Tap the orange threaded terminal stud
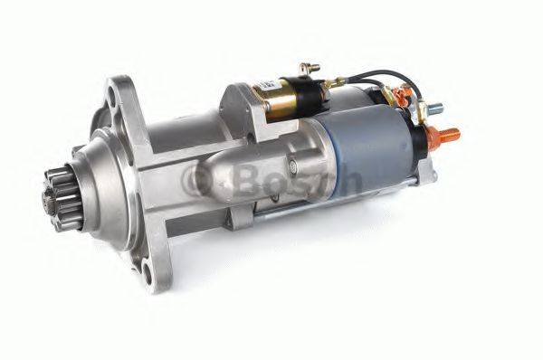coord(444,136)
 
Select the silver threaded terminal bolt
coord(433,108)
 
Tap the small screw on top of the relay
coord(309,68)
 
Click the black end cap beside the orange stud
coord(419,140)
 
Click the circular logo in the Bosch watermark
coord(197,177)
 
